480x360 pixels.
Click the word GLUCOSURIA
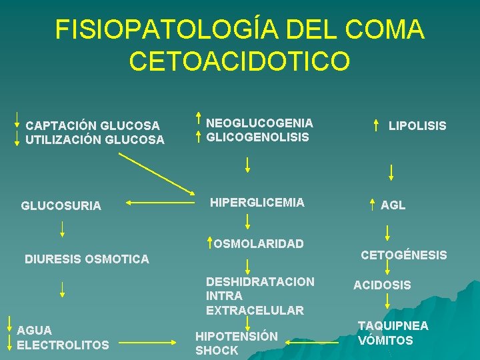(x=61, y=206)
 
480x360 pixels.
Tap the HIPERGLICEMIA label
(x=257, y=203)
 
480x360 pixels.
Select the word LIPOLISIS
(x=417, y=126)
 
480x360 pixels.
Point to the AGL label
(x=393, y=206)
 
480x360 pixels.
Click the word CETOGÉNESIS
(x=403, y=255)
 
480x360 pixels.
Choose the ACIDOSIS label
(x=382, y=285)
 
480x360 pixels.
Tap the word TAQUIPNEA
(x=393, y=326)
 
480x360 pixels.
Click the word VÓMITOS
(x=385, y=341)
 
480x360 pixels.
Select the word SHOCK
(x=217, y=351)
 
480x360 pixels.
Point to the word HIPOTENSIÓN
(x=236, y=336)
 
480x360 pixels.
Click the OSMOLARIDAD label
(x=259, y=244)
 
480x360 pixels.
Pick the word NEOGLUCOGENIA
(x=259, y=123)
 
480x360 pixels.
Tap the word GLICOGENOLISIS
(x=257, y=137)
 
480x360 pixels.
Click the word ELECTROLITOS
(x=63, y=345)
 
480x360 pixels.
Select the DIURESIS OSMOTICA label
(x=87, y=259)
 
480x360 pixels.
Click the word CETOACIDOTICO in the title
(x=239, y=61)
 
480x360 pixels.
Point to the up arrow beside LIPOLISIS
(x=378, y=125)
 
